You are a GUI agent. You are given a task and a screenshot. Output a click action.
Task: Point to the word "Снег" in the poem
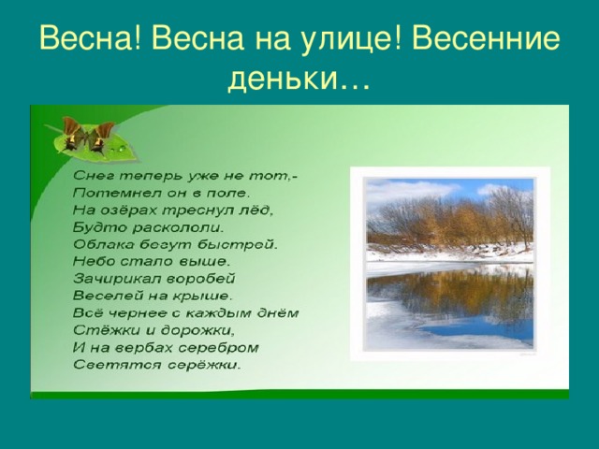pos(94,176)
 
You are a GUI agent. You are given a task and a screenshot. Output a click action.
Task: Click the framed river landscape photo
pos(448,263)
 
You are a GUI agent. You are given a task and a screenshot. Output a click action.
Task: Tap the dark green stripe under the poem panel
pos(299,393)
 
